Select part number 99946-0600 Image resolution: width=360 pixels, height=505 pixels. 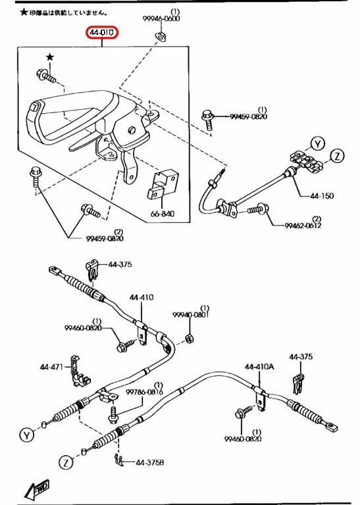click(163, 19)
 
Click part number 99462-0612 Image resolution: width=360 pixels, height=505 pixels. click(303, 226)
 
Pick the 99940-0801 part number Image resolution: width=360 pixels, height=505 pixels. click(191, 315)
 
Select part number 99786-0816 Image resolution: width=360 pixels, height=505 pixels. click(145, 392)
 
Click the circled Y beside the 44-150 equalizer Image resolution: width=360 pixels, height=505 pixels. click(317, 143)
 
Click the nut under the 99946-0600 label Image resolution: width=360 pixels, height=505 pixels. click(159, 35)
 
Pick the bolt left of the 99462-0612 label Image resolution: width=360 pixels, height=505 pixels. click(255, 210)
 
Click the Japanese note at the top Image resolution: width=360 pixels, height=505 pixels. click(63, 12)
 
